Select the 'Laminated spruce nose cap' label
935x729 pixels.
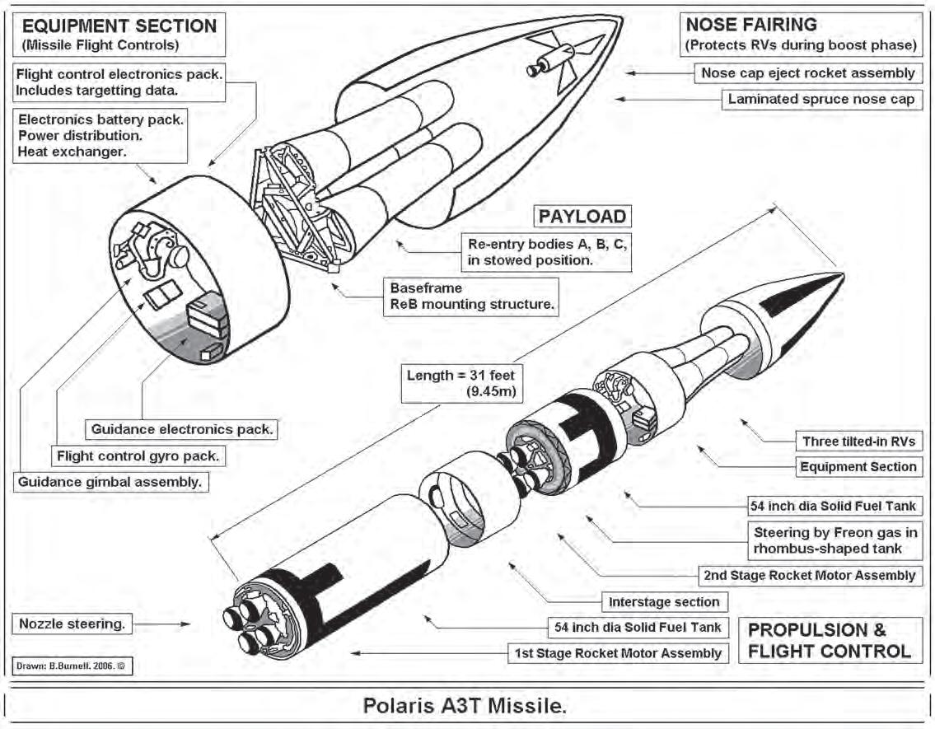(x=820, y=100)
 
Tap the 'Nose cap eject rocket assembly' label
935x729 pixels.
(x=807, y=73)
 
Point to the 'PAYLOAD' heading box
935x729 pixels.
(x=582, y=217)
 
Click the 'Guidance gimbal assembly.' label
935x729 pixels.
(x=110, y=482)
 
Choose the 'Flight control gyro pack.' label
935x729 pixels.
(x=138, y=456)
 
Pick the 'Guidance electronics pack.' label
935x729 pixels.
(x=182, y=429)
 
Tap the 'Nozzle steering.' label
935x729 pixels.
(x=72, y=624)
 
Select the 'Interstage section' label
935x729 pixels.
(x=664, y=602)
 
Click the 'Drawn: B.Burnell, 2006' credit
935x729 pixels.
(x=72, y=664)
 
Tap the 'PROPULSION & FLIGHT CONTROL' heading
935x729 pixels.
(x=828, y=640)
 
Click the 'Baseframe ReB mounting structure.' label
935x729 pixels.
(x=472, y=297)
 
